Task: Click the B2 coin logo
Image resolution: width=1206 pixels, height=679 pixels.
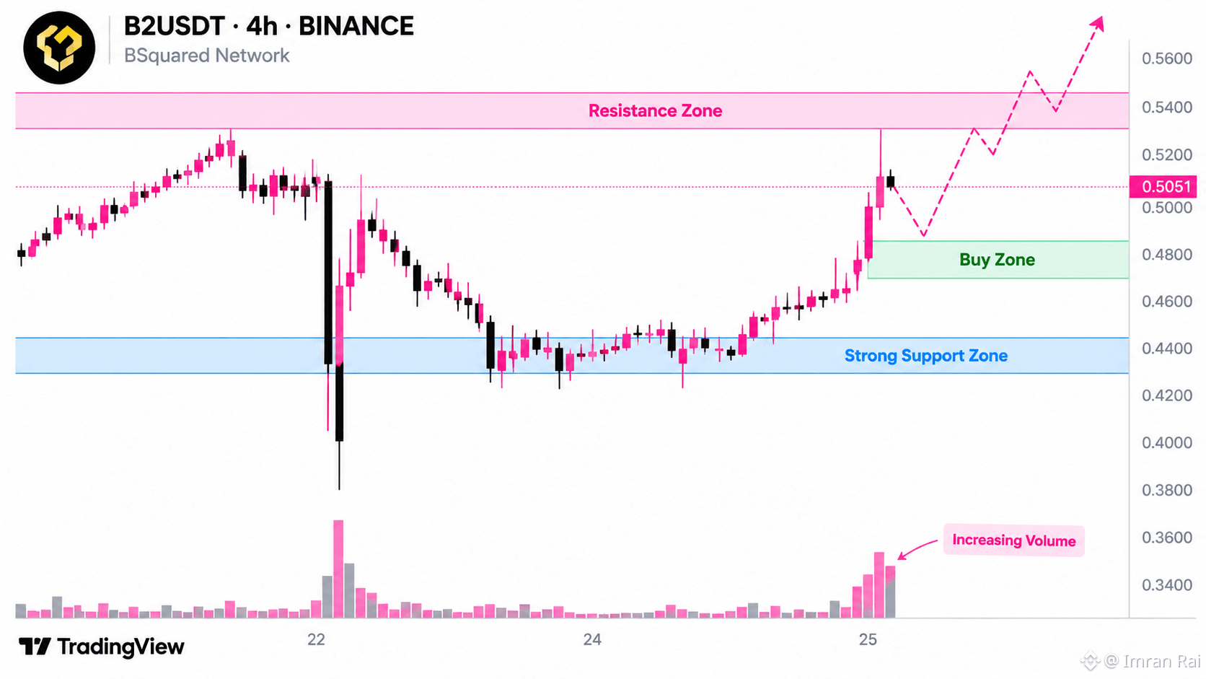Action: click(x=59, y=48)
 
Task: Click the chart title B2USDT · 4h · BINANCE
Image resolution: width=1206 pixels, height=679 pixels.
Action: click(x=268, y=26)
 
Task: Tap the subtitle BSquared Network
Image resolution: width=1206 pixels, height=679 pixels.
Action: click(x=207, y=56)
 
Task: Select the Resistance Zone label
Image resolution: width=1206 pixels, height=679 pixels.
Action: click(x=655, y=110)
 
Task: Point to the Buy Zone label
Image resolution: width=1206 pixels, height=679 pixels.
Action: click(x=997, y=260)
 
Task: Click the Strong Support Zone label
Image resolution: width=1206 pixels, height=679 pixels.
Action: click(x=926, y=356)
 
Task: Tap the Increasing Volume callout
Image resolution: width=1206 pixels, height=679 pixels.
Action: click(x=1014, y=540)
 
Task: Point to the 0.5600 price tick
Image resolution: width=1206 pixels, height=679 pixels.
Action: click(x=1167, y=58)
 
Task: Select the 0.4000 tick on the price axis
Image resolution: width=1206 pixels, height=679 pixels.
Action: click(x=1167, y=443)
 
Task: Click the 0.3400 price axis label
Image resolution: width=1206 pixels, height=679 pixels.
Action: click(x=1167, y=584)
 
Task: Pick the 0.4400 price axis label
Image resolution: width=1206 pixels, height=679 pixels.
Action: click(x=1167, y=349)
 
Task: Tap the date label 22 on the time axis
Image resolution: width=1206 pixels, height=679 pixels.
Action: click(x=316, y=639)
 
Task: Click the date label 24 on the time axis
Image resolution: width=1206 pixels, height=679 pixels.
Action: click(x=592, y=639)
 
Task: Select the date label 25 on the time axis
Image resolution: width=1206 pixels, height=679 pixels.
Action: click(x=868, y=639)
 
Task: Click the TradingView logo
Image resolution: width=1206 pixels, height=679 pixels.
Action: click(x=101, y=646)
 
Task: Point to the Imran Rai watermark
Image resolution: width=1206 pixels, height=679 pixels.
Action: click(x=1140, y=661)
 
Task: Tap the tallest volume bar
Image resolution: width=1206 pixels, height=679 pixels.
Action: click(x=338, y=569)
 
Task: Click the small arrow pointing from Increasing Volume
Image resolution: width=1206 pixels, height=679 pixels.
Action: click(x=917, y=548)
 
